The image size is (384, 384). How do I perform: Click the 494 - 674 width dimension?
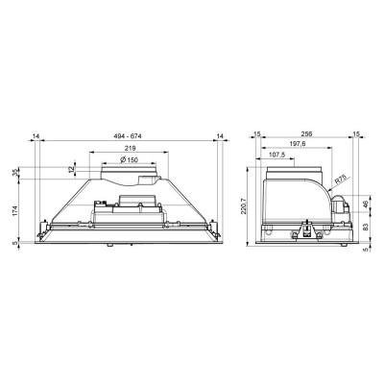tap(128, 136)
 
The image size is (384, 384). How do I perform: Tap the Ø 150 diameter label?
tap(129, 159)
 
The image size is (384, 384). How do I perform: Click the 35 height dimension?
tap(14, 172)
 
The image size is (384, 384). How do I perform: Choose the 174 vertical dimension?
tap(14, 209)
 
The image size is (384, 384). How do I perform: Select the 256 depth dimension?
tap(306, 133)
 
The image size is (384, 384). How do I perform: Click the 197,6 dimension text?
tap(298, 144)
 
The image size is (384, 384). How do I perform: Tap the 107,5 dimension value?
tap(276, 154)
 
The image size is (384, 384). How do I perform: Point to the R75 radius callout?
tap(340, 181)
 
